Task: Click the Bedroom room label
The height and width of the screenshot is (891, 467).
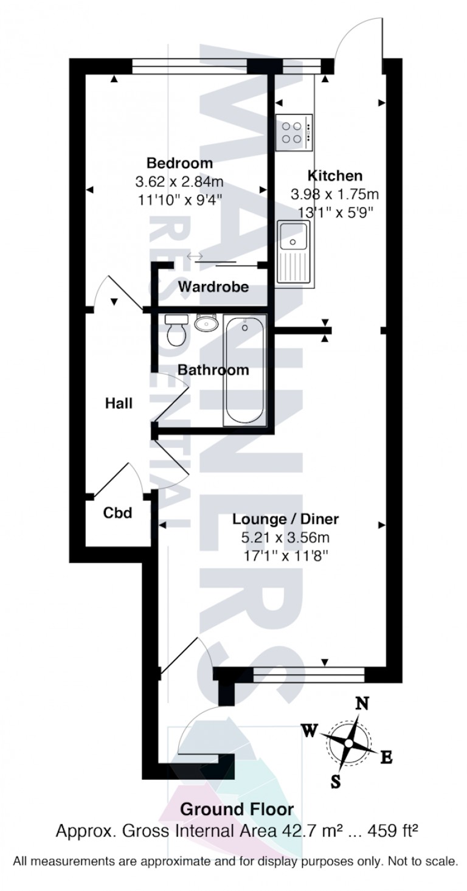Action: (179, 163)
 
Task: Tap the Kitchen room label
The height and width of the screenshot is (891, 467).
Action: (334, 176)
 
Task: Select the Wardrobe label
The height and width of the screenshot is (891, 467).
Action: (213, 286)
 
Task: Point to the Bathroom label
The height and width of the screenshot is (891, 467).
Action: (213, 370)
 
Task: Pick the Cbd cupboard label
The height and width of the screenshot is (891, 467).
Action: (117, 513)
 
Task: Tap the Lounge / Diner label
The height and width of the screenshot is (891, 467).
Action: (286, 519)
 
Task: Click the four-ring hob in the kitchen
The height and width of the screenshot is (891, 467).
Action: (294, 133)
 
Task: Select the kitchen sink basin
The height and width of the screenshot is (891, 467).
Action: (294, 237)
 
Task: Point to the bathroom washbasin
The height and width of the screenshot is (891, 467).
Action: (207, 322)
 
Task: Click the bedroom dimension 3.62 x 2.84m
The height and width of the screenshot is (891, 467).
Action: (179, 181)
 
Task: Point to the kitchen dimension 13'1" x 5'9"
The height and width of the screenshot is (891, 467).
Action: (334, 212)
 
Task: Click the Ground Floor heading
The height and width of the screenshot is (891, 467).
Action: (238, 810)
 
